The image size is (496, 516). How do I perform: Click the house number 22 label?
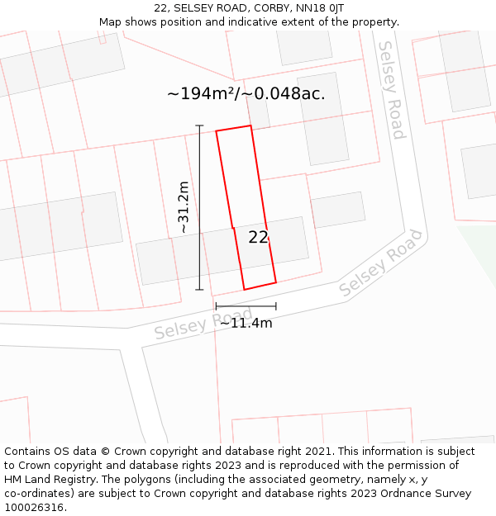(x=258, y=237)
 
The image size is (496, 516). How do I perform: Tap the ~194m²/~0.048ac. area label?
(x=246, y=93)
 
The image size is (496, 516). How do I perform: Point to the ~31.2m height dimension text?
(x=184, y=207)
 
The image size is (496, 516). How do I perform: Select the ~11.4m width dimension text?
(x=246, y=323)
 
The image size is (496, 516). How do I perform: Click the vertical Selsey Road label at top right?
(x=391, y=90)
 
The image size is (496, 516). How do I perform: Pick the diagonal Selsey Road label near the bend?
(x=380, y=263)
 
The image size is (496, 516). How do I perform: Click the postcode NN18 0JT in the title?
(x=315, y=8)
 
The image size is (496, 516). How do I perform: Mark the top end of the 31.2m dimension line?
(x=199, y=125)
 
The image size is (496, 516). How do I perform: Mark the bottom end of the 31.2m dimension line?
(x=199, y=290)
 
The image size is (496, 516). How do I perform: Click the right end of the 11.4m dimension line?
(x=276, y=306)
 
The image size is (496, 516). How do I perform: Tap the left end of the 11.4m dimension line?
(x=216, y=306)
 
